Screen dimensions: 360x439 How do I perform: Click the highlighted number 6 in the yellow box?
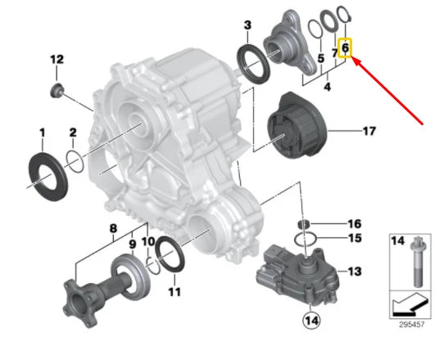coord(346,49)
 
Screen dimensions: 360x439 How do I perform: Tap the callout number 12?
coord(57,59)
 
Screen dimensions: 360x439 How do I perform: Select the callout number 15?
coord(354,239)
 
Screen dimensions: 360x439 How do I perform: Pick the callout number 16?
coord(354,223)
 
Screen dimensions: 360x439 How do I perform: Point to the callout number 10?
coord(147,241)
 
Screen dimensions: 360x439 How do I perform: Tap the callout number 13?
coord(354,271)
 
